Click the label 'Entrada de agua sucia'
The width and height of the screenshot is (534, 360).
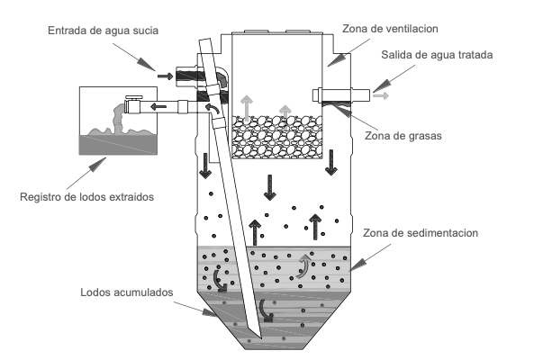(103, 31)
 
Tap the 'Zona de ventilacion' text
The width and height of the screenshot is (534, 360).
(390, 29)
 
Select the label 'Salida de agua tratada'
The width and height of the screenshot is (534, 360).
(437, 55)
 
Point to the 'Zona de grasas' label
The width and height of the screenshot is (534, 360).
(403, 136)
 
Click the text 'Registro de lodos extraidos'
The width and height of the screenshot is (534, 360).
(86, 197)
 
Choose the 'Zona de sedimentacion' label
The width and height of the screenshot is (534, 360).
(421, 233)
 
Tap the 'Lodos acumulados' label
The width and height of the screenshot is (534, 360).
(127, 292)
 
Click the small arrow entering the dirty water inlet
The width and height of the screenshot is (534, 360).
(166, 76)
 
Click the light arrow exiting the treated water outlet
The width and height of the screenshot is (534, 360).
(381, 95)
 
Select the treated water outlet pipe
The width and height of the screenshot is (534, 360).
(341, 94)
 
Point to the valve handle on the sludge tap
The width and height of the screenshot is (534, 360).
(134, 97)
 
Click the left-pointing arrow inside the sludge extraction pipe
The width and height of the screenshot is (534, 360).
(158, 107)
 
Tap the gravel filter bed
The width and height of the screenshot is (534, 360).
(277, 137)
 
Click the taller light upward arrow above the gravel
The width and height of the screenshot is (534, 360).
(247, 109)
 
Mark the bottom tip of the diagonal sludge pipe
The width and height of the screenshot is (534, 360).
(261, 338)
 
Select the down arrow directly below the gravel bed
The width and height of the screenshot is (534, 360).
(270, 187)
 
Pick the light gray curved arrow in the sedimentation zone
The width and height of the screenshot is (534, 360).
(303, 267)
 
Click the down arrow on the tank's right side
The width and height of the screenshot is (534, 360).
(331, 163)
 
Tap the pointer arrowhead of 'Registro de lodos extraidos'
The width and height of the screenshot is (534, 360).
(97, 165)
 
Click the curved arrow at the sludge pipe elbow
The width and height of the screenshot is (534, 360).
(213, 109)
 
